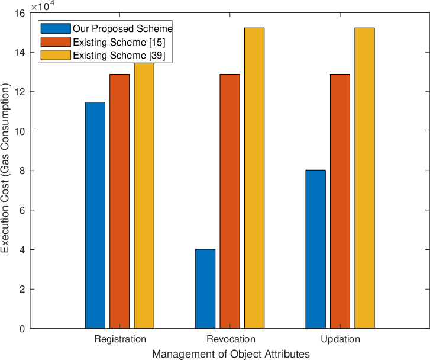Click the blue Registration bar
pyautogui.click(x=95, y=216)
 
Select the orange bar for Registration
pyautogui.click(x=119, y=201)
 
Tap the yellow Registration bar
pyautogui.click(x=144, y=195)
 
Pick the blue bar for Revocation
pyautogui.click(x=205, y=289)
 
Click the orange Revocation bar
pyautogui.click(x=230, y=201)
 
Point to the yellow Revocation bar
pyautogui.click(x=254, y=178)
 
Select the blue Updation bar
pyautogui.click(x=316, y=249)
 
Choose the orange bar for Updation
pyautogui.click(x=340, y=201)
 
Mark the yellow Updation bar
pyautogui.click(x=364, y=178)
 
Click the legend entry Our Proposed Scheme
pyautogui.click(x=122, y=28)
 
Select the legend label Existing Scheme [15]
pyautogui.click(x=119, y=42)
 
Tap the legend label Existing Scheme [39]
pyautogui.click(x=119, y=55)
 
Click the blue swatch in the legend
pyautogui.click(x=56, y=28)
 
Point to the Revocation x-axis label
pyautogui.click(x=231, y=339)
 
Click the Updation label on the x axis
pyautogui.click(x=340, y=339)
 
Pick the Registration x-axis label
pyautogui.click(x=120, y=339)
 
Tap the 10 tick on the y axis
pyautogui.click(x=21, y=131)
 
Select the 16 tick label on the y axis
pyautogui.click(x=21, y=13)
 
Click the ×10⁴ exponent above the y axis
pyautogui.click(x=43, y=5)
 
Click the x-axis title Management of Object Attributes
pyautogui.click(x=231, y=354)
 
